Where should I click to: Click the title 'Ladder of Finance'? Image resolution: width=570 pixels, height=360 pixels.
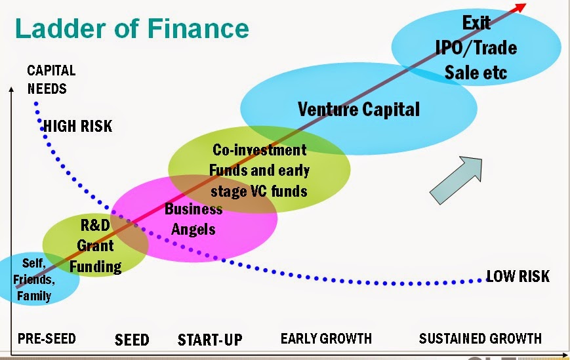click(x=131, y=30)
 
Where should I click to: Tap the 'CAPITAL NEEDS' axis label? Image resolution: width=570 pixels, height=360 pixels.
click(x=51, y=79)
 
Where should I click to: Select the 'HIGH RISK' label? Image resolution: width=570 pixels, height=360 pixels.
click(x=77, y=126)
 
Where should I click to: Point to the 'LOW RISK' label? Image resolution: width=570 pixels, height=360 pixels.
click(x=518, y=276)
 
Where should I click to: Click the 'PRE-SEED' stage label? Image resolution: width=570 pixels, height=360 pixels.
click(x=47, y=338)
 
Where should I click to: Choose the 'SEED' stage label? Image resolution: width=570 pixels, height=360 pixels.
click(x=132, y=340)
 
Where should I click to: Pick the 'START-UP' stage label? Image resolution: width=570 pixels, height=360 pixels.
click(x=210, y=340)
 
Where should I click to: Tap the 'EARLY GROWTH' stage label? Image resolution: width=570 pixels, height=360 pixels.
click(x=326, y=338)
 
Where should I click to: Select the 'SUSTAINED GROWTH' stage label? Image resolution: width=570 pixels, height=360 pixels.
click(x=480, y=338)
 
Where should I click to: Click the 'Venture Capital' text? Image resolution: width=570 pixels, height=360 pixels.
click(x=358, y=109)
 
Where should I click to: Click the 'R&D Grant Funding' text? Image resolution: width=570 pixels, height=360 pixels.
click(x=96, y=246)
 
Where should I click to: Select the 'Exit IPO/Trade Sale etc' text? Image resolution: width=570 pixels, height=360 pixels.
click(x=476, y=47)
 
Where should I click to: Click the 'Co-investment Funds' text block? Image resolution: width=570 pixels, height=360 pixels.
click(x=259, y=170)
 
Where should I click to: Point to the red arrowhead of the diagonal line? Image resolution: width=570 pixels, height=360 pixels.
click(x=521, y=7)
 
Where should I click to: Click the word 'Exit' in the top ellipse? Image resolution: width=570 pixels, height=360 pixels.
click(x=476, y=23)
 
